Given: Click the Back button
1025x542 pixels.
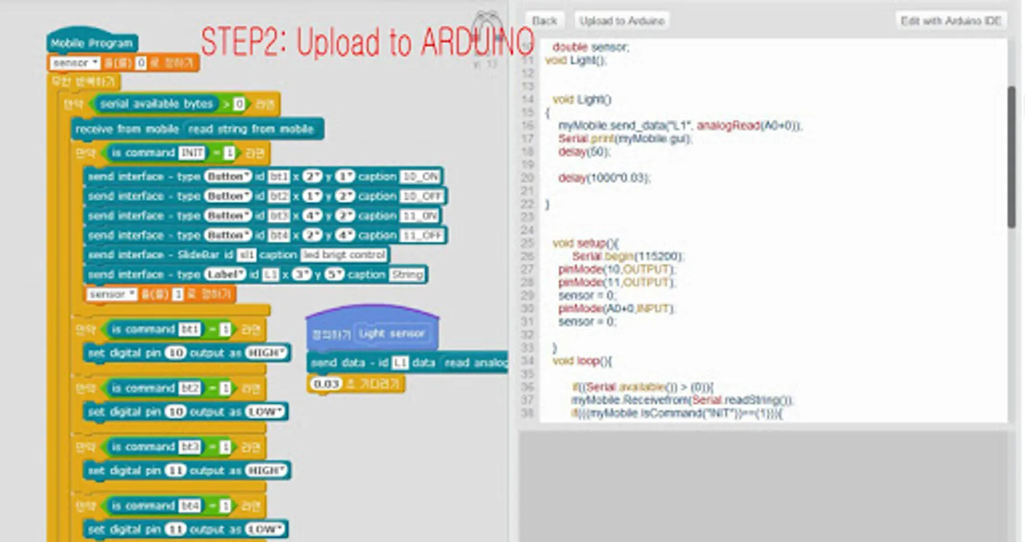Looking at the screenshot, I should coord(544,21).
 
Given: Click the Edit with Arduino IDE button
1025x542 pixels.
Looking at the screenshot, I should coord(951,21).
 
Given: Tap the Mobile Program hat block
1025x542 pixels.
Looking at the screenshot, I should coord(92,43).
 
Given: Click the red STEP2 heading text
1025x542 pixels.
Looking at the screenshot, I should coord(367,42).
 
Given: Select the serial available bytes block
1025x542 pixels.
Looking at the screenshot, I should coord(156,104).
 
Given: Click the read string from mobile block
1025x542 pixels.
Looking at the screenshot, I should coord(251,129).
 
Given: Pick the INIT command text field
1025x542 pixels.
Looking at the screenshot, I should coord(192,153).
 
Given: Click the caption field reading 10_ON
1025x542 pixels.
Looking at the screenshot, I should coord(420,177).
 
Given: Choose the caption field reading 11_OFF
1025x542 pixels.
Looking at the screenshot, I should coord(423,235).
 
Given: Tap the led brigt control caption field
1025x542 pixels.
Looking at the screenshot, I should coord(344,255).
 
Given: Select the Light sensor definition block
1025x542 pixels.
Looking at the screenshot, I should coord(391,334).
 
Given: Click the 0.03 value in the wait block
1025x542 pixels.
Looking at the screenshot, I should coord(327,384).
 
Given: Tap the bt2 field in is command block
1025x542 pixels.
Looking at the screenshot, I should coord(189,388).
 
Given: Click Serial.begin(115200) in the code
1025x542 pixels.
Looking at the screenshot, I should coord(628,257).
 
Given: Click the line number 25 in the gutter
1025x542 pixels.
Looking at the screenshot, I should coord(528,243).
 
